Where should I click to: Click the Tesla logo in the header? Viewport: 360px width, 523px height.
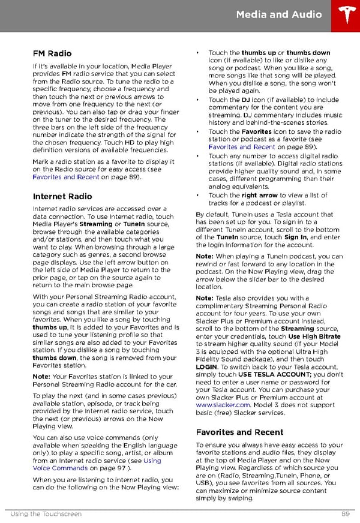pyautogui.click(x=344, y=15)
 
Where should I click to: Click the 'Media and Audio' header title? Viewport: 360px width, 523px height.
pyautogui.click(x=278, y=14)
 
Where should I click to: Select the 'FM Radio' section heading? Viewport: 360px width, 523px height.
pyautogui.click(x=52, y=53)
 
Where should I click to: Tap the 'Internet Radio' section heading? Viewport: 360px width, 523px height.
pyautogui.click(x=62, y=196)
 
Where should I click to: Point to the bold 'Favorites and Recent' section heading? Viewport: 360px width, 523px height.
pyautogui.click(x=239, y=432)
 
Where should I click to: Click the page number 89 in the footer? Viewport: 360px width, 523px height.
pyautogui.click(x=346, y=514)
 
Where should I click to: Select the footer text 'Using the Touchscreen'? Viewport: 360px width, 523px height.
pyautogui.click(x=46, y=514)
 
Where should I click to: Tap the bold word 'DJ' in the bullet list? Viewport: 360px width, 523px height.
pyautogui.click(x=246, y=100)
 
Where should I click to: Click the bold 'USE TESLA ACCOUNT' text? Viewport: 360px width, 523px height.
pyautogui.click(x=275, y=374)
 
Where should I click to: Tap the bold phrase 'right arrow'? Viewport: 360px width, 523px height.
pyautogui.click(x=259, y=195)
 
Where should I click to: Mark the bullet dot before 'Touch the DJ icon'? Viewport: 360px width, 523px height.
pyautogui.click(x=197, y=100)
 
